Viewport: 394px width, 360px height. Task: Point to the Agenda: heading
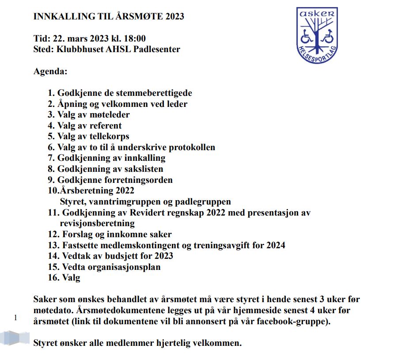(x=50, y=71)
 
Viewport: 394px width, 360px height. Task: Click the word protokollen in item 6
(x=188, y=148)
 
